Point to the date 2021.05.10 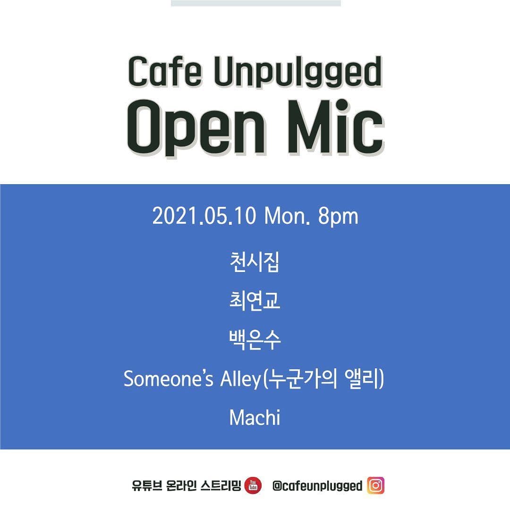[x=204, y=217]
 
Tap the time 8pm [x=338, y=217]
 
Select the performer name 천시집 [x=255, y=263]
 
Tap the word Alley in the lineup [x=239, y=380]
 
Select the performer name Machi [x=255, y=418]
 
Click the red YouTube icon [x=253, y=486]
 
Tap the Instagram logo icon [x=376, y=485]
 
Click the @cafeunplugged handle [x=317, y=486]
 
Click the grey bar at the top [x=255, y=3]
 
